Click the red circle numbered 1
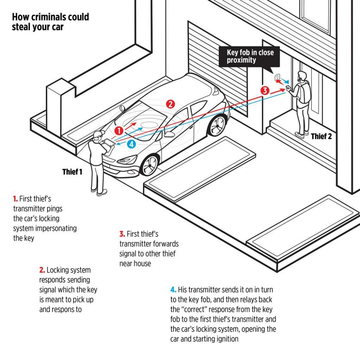click(119, 129)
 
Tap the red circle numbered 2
click(170, 104)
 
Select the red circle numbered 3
click(265, 91)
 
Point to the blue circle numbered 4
click(132, 144)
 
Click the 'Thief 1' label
click(72, 172)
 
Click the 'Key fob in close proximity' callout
click(250, 57)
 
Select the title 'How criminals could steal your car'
click(50, 22)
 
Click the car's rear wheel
click(217, 125)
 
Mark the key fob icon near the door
click(278, 77)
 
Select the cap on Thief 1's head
click(97, 135)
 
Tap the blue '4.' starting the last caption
click(174, 290)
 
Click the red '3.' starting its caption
click(122, 234)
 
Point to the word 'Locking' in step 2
click(58, 270)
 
